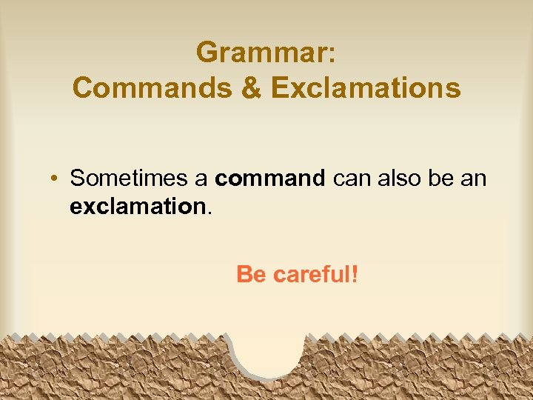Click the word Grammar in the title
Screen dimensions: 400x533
coord(261,53)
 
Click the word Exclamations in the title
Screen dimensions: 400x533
coord(366,88)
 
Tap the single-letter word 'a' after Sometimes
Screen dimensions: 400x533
coord(202,179)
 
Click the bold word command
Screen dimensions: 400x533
coord(270,179)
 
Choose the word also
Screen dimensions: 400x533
coord(400,179)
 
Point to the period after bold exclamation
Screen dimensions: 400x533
coord(209,213)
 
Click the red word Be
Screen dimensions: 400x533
coord(251,276)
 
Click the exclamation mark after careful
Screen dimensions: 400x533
coord(355,276)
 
